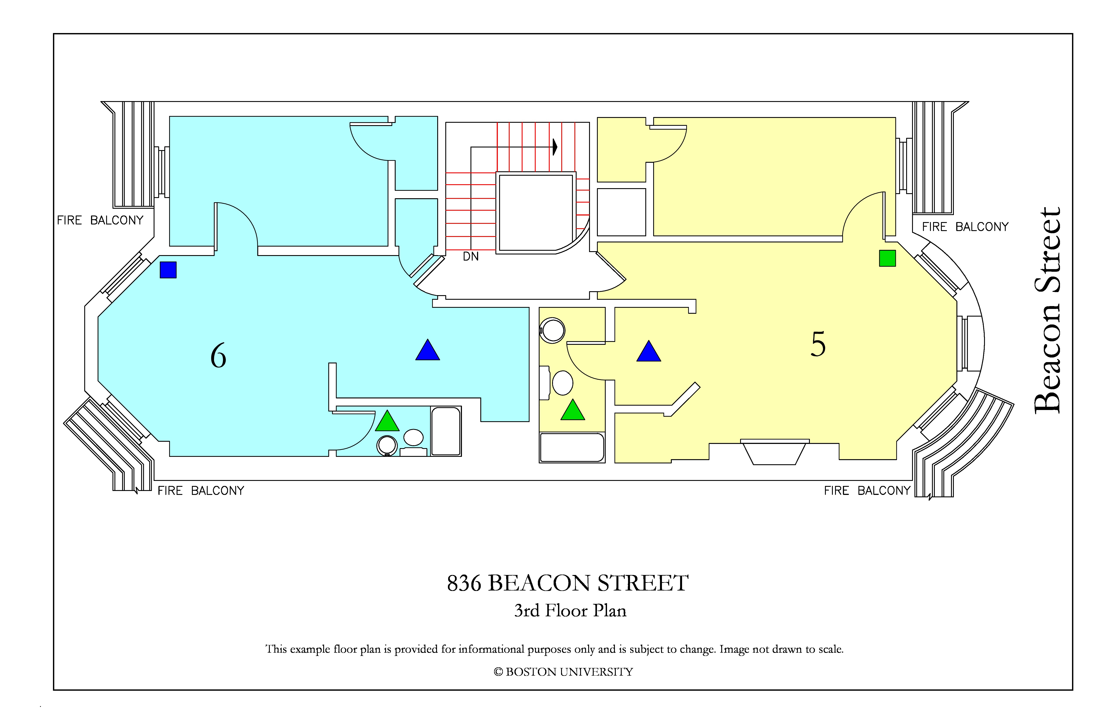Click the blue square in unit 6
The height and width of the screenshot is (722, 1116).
tap(168, 270)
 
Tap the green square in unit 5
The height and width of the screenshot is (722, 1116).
tap(887, 258)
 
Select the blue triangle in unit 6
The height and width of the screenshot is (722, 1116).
tap(428, 350)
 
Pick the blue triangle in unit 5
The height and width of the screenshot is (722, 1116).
tap(649, 351)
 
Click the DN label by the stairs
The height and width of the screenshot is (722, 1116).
tap(471, 256)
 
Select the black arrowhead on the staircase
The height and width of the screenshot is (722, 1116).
tap(555, 147)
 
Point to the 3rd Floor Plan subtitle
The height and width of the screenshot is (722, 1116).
tap(570, 610)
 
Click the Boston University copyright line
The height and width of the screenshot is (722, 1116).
tap(563, 672)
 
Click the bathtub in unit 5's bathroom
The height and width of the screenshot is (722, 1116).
tap(572, 448)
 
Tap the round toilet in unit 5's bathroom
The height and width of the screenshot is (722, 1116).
tap(552, 331)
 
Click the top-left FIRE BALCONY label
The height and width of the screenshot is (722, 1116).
tap(100, 220)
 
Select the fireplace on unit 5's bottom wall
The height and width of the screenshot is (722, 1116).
tap(775, 452)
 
